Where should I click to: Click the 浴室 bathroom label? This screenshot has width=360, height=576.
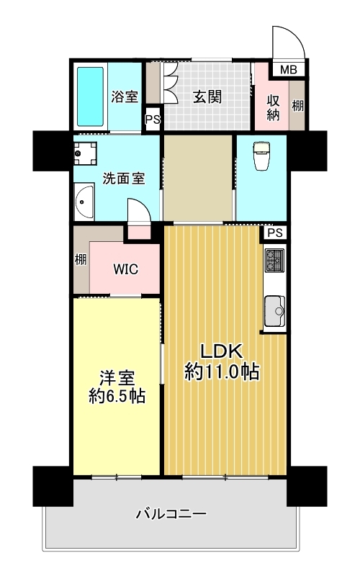(125, 96)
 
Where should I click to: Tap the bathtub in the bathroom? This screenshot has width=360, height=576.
(91, 96)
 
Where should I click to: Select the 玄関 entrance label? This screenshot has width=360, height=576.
(207, 96)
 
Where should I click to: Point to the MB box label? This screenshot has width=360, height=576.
(288, 70)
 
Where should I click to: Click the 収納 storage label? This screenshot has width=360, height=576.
(273, 105)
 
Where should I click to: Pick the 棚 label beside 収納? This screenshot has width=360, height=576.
(297, 105)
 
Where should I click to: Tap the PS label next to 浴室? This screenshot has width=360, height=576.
(152, 120)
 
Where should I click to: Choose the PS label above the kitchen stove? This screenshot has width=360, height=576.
(274, 233)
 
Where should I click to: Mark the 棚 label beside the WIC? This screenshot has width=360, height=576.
(79, 260)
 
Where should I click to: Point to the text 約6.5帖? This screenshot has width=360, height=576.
(115, 395)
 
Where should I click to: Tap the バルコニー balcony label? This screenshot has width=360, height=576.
(171, 514)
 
